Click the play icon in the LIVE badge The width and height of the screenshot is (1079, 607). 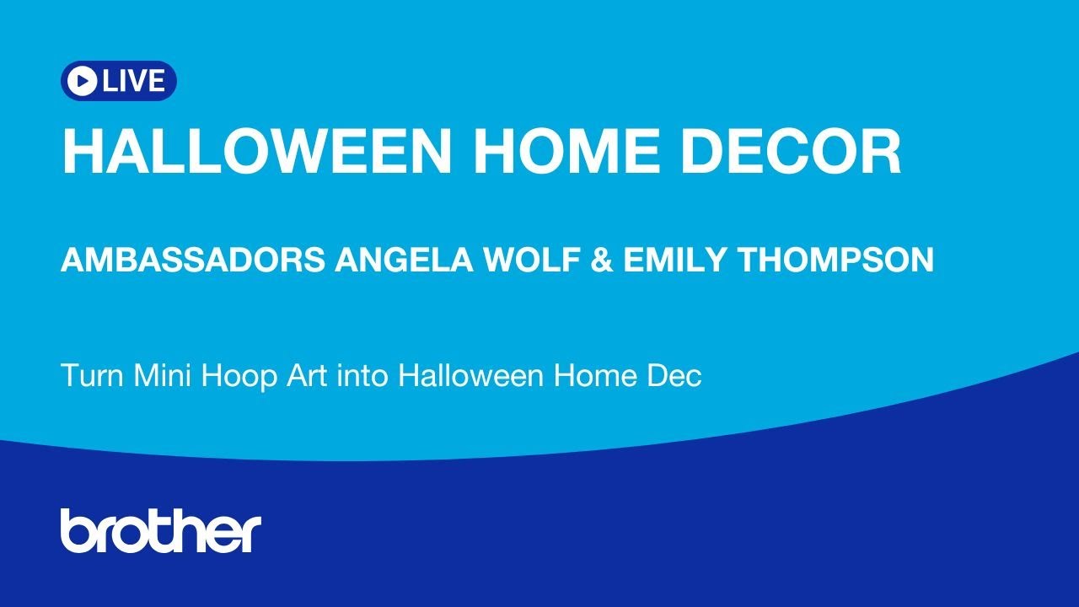click(x=82, y=80)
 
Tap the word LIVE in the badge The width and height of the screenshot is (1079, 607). click(x=133, y=80)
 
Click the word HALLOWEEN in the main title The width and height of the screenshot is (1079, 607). click(x=257, y=151)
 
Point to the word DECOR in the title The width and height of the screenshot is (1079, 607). click(x=790, y=151)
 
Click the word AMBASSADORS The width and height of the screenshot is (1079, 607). click(x=193, y=260)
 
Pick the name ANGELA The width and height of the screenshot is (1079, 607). click(x=404, y=260)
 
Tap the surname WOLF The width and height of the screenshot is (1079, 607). click(x=532, y=260)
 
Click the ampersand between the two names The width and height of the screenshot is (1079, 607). click(x=601, y=260)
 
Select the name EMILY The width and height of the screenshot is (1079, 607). click(x=676, y=260)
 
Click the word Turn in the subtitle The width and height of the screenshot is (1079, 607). click(x=92, y=375)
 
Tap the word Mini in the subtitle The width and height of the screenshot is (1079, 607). click(x=162, y=375)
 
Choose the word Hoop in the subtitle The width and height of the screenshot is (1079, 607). click(x=239, y=378)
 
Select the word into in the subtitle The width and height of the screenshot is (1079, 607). click(x=362, y=375)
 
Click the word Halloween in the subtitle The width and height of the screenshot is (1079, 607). click(x=470, y=375)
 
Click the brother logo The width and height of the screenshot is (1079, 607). click(x=161, y=530)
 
